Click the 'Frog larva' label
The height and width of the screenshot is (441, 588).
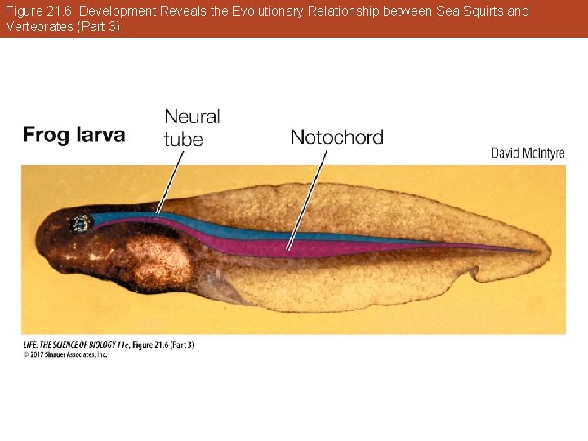click(73, 135)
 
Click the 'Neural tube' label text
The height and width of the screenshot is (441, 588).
click(191, 128)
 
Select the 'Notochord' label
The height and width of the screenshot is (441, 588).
click(336, 137)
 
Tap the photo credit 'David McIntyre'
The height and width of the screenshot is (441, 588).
click(528, 154)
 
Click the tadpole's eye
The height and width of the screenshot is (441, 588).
click(79, 223)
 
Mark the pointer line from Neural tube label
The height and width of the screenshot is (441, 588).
click(170, 181)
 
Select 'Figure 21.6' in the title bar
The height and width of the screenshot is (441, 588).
click(39, 11)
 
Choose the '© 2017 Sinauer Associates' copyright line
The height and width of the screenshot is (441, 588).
click(65, 354)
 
